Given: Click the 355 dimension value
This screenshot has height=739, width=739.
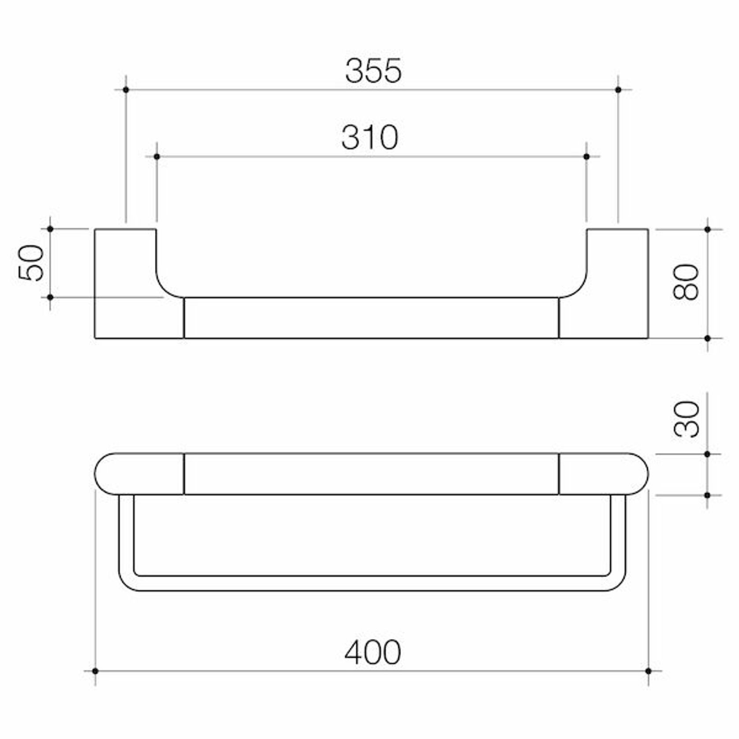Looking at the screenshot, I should click(x=373, y=71).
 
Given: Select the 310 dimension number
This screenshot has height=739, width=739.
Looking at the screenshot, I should click(x=370, y=137).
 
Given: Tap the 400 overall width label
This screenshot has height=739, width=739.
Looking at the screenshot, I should click(x=373, y=652).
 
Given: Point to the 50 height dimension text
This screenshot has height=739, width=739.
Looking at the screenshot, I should click(x=31, y=263).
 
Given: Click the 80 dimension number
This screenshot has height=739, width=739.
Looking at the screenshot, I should click(x=686, y=282).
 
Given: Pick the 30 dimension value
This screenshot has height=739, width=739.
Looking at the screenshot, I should click(x=687, y=419).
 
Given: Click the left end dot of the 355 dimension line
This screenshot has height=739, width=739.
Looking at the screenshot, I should click(x=126, y=90).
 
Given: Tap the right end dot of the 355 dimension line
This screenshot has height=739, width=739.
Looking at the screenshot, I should click(x=618, y=90).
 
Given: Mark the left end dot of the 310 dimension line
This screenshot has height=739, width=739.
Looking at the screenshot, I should click(x=157, y=157).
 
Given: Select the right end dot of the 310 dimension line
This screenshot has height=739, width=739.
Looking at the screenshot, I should click(x=586, y=157).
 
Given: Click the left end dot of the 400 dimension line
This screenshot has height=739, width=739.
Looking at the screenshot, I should click(x=95, y=671).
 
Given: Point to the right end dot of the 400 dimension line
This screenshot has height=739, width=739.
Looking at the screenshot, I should click(x=648, y=671).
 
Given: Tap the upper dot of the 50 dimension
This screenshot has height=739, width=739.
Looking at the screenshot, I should click(x=50, y=229).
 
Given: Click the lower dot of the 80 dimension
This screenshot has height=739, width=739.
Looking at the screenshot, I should click(x=707, y=338).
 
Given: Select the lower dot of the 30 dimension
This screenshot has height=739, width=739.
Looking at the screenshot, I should click(x=707, y=495).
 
